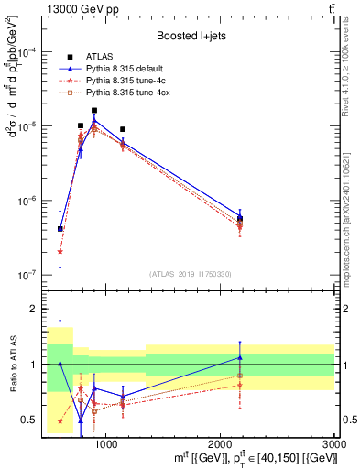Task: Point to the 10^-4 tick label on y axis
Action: (27, 52)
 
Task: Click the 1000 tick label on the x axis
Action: (106, 444)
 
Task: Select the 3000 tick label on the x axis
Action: (334, 444)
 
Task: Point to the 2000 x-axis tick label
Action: (221, 444)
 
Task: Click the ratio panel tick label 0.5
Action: (26, 420)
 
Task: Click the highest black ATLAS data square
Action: (94, 110)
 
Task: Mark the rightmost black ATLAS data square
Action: (240, 218)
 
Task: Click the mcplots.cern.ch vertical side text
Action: (352, 192)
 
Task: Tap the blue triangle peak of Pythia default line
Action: (94, 120)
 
